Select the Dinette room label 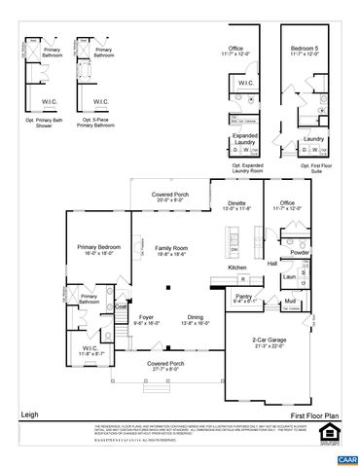click(237, 204)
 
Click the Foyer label click(146, 317)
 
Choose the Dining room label click(196, 317)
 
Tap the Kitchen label click(237, 268)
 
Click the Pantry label click(244, 296)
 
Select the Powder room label click(300, 252)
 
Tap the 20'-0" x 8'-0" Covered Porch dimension click(169, 201)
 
